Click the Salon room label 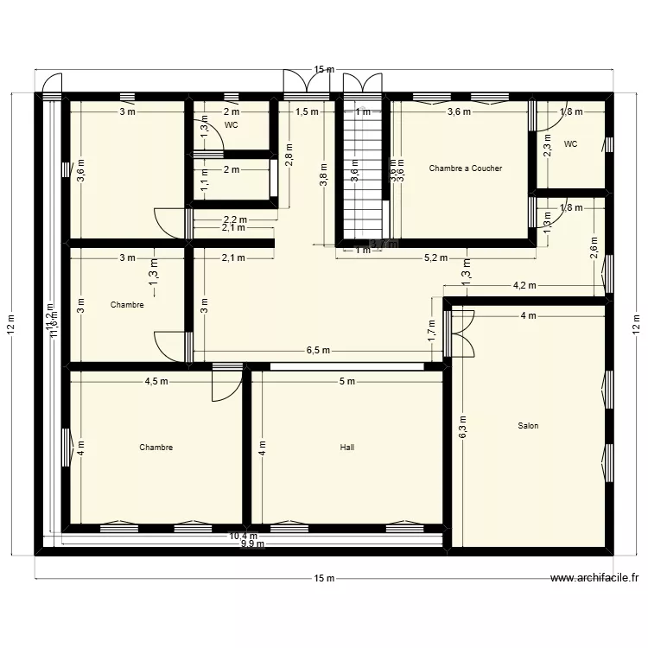click(x=528, y=425)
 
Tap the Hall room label click(x=347, y=448)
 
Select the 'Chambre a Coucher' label click(x=465, y=168)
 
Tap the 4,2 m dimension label click(x=524, y=285)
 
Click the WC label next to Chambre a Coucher click(x=570, y=144)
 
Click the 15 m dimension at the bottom click(x=324, y=579)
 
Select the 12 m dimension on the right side click(x=637, y=323)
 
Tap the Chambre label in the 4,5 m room click(x=156, y=448)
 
